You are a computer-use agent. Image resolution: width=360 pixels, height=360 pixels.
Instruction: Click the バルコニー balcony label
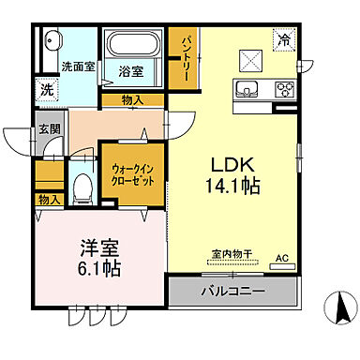[x=232, y=292]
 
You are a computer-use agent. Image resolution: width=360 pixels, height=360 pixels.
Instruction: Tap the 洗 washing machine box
[x=46, y=90]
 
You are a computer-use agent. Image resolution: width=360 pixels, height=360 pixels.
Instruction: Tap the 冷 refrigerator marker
[x=281, y=39]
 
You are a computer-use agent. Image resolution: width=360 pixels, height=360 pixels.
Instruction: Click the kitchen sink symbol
[x=248, y=90]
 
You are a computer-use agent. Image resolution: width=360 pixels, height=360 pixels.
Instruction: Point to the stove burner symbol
[x=282, y=90]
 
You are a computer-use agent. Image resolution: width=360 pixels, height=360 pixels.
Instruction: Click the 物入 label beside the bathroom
[x=133, y=100]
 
